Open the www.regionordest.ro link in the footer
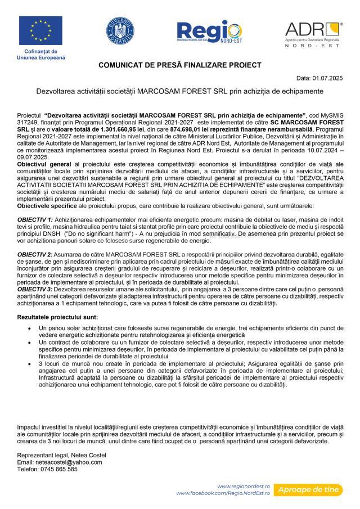pos(244,486)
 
